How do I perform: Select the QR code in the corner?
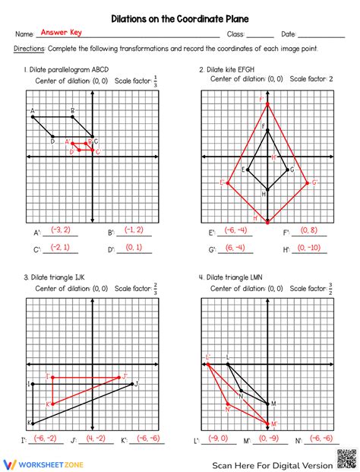pos(345,459)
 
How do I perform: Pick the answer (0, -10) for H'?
pos(310,247)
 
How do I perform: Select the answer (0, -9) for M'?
pos(267,438)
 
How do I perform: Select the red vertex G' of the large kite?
pos(308,182)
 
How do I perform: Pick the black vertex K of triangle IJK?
pos(33,423)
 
